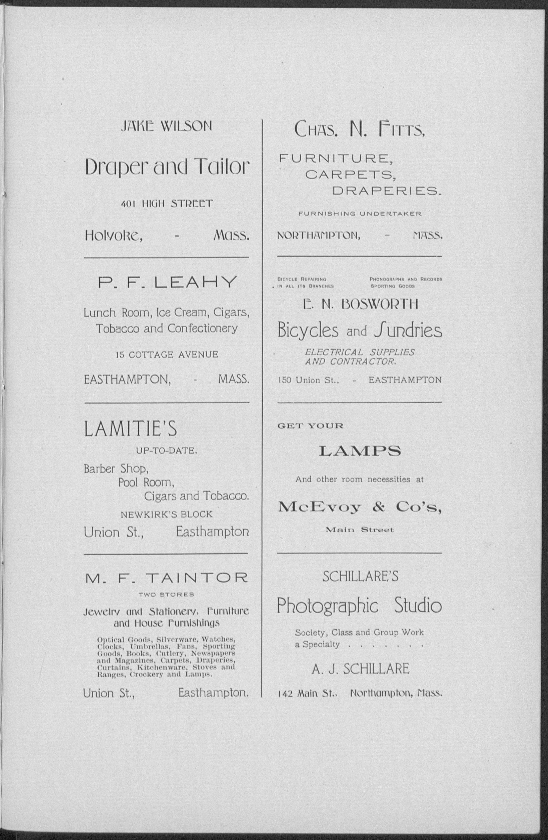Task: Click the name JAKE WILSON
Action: coord(166,126)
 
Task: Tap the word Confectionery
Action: coord(202,328)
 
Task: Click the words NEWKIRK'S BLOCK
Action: coord(167,515)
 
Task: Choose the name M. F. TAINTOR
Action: coord(166,578)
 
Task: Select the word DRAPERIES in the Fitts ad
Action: coord(387,191)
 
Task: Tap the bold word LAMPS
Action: coord(360,451)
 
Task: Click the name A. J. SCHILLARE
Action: coord(360,669)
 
